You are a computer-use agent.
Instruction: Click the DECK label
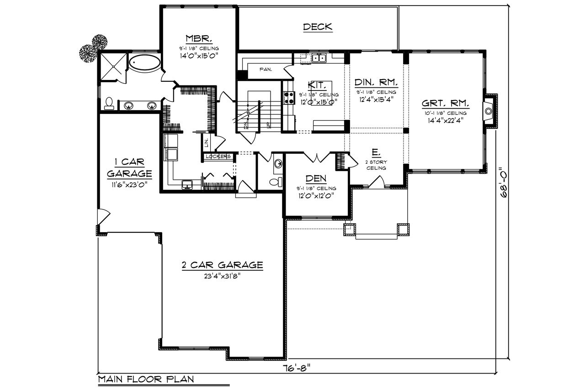coord(318,27)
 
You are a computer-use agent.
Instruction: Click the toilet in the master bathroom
coord(109,103)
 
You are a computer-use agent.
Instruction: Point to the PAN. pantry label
coord(266,70)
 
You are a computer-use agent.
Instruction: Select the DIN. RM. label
coord(376,83)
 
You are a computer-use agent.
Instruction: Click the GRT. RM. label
coord(446,102)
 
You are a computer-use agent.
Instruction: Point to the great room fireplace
coord(489,111)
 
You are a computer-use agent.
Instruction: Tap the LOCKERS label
coord(218,157)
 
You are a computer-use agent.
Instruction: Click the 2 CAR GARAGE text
coord(222,265)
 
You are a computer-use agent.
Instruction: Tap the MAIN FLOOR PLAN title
coord(146,379)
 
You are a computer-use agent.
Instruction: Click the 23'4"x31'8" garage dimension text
coord(223,276)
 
